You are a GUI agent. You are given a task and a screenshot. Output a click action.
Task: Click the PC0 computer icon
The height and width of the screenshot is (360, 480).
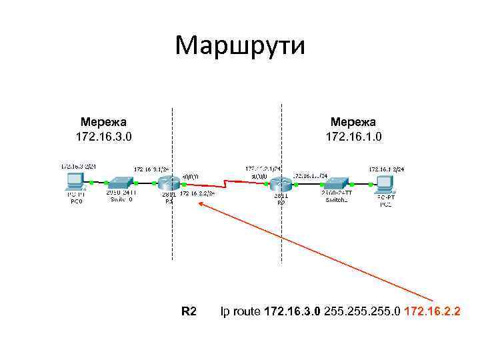(x=75, y=182)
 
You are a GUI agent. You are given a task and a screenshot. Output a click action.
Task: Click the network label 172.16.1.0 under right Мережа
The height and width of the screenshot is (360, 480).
(x=353, y=137)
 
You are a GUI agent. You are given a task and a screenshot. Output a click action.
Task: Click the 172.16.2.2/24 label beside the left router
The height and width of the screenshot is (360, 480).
(x=197, y=193)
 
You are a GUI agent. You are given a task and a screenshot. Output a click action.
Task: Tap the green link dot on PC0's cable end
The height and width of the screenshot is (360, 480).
(x=91, y=182)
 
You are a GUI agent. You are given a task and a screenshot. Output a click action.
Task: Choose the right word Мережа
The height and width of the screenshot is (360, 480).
(x=353, y=122)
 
